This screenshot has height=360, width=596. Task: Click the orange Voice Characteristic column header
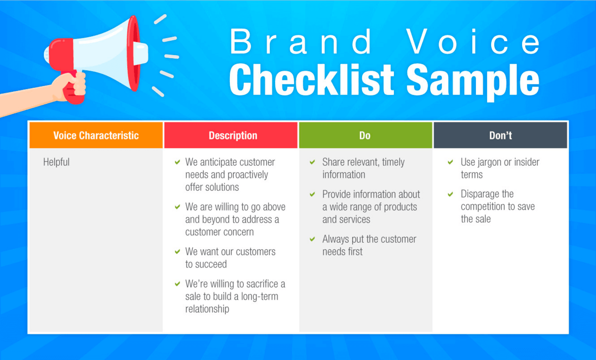coord(96,135)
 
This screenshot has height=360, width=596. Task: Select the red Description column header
coord(231,135)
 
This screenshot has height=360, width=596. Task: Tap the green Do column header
coord(366,135)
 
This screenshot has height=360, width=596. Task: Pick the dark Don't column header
coord(501,135)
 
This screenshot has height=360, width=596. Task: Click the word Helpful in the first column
coord(56,162)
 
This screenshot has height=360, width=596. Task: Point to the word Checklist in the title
coord(311,79)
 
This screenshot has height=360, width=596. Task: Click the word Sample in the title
coord(473,82)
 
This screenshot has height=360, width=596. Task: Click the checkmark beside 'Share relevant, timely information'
coord(312,162)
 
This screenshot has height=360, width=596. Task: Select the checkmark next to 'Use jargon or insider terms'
coord(450,162)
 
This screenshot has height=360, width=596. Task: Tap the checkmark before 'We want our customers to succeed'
coord(177,251)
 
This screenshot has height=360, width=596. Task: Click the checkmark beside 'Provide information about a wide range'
coord(312,194)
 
